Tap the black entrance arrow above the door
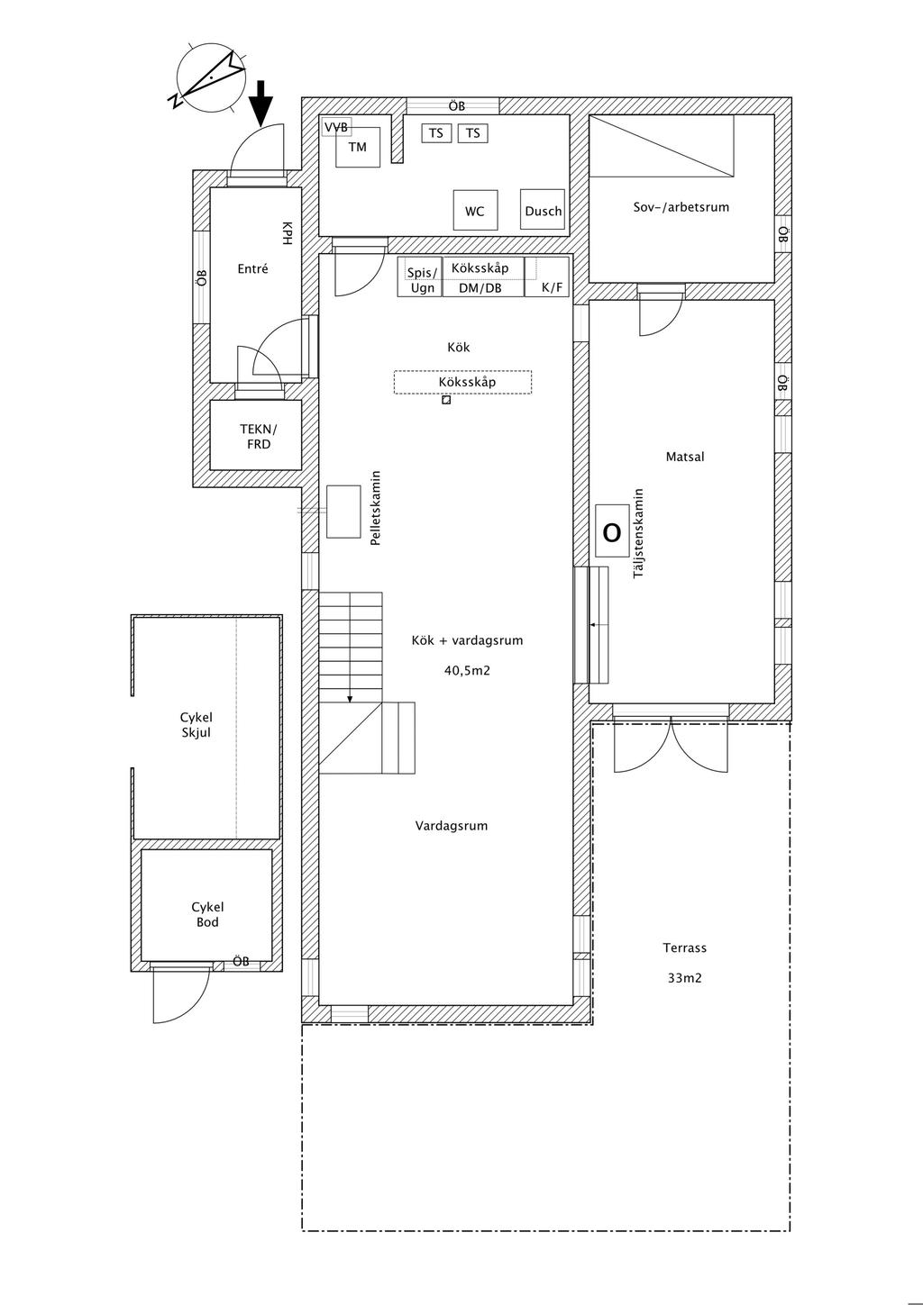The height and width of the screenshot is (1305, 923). [261, 102]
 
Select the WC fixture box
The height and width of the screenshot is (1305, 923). [475, 211]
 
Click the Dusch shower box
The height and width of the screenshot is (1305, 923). [543, 211]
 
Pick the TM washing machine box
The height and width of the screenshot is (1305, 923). [358, 148]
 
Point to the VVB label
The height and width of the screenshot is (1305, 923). [336, 127]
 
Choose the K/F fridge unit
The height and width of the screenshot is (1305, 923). [551, 288]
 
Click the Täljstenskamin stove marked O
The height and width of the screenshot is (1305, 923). [612, 532]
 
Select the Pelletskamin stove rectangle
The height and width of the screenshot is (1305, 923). [343, 511]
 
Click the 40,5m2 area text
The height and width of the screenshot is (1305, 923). [467, 670]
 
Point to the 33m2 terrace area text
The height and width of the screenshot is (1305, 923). [685, 977]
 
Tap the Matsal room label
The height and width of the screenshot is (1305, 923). [685, 457]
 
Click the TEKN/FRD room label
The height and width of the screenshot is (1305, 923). [258, 437]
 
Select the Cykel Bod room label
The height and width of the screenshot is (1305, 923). [207, 914]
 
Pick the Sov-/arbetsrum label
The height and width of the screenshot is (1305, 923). [681, 207]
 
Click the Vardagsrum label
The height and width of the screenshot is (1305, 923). [452, 825]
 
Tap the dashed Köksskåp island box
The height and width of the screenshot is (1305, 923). [462, 382]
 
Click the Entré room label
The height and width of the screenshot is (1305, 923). [252, 268]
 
